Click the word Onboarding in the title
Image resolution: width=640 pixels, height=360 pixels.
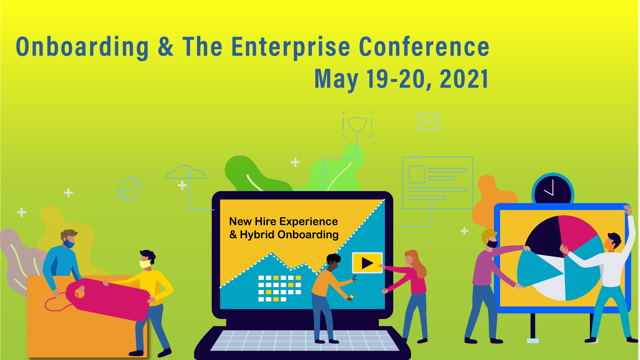[x=82, y=47]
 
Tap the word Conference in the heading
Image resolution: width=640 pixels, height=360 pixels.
[x=424, y=47]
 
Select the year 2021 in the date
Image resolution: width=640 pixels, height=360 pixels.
[x=464, y=79]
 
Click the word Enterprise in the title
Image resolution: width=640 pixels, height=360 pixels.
[x=291, y=47]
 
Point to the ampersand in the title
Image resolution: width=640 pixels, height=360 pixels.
[x=166, y=47]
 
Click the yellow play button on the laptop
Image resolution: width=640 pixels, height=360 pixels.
[x=367, y=263]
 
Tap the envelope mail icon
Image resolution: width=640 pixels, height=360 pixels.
[x=429, y=121]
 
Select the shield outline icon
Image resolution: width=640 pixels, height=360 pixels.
[x=357, y=124]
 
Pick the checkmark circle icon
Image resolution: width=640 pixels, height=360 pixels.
[x=129, y=189]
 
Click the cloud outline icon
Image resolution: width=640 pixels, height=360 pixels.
[x=185, y=172]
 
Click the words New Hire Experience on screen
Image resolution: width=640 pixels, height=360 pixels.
[x=283, y=221]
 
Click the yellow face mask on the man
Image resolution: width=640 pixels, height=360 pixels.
[x=145, y=264]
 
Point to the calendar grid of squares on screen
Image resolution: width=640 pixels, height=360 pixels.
[x=279, y=288]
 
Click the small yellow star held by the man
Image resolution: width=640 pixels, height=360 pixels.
[x=351, y=297]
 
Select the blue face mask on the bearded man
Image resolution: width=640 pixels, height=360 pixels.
[x=69, y=243]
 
